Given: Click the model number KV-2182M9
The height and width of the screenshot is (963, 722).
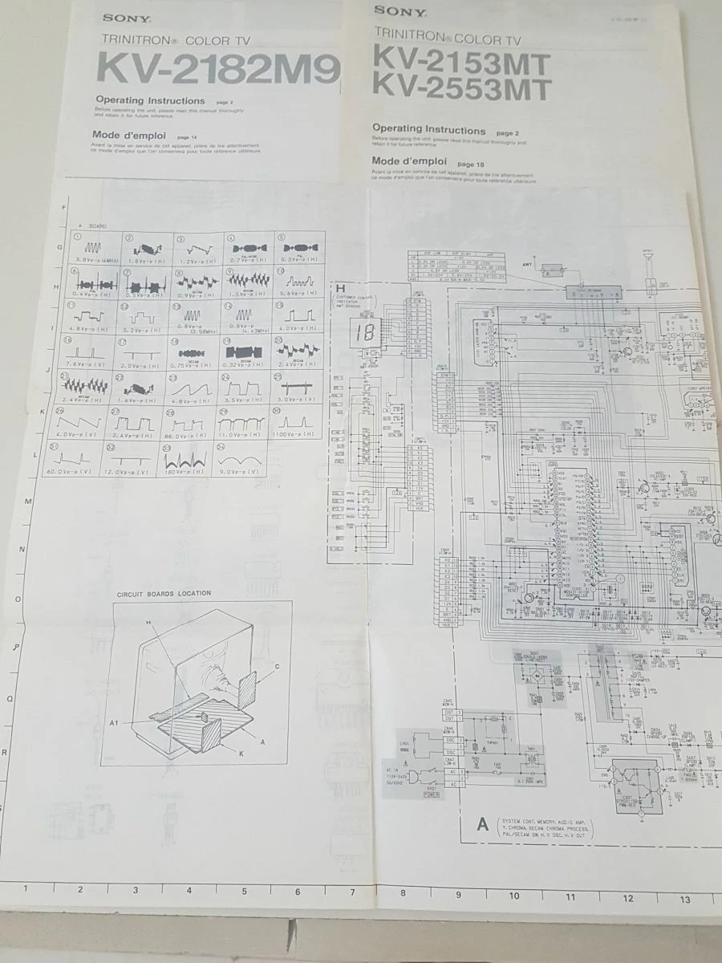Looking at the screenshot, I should point(217,69).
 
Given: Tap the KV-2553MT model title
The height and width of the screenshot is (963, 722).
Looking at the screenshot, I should point(462,88).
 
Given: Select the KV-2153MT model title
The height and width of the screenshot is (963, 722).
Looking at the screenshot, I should point(462,62).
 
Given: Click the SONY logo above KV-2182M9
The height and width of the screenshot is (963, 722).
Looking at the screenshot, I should point(119,18).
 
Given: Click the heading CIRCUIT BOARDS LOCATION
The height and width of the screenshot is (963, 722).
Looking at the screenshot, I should point(164,594).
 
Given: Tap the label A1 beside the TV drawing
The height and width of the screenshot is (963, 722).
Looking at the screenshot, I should point(114,723).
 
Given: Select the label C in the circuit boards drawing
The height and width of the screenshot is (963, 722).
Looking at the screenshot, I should point(276,667).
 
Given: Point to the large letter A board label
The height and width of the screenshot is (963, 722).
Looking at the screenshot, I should point(483,824).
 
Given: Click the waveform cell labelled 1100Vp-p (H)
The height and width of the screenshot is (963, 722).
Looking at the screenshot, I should point(298,423).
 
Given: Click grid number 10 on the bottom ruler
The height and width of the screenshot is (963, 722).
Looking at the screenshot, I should point(513,896).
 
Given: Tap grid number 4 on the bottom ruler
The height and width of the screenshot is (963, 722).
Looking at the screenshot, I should point(189,890).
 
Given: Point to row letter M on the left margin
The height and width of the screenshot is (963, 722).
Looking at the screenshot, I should point(28,502).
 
